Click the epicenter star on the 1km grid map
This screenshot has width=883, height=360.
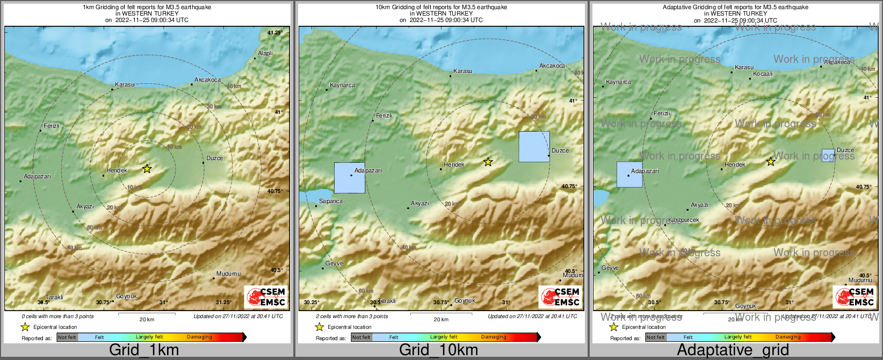tap(147, 169)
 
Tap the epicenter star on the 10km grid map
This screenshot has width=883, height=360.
tap(488, 162)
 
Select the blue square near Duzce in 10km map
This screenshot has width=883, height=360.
tap(534, 147)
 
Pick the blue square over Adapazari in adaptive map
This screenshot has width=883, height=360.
tap(629, 175)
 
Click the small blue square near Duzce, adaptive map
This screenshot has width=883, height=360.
tap(828, 155)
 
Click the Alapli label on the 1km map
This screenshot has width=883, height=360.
tap(265, 53)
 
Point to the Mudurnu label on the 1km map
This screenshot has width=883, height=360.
tap(228, 274)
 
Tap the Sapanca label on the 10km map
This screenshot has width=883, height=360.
tap(331, 201)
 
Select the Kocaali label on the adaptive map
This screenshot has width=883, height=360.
tap(763, 74)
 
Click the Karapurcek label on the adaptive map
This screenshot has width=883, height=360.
tap(684, 220)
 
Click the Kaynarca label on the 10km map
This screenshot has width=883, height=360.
tap(342, 85)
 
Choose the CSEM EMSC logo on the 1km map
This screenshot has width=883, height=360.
tap(265, 297)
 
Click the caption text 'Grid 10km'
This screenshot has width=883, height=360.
tap(438, 350)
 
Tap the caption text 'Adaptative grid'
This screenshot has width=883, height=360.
tap(733, 350)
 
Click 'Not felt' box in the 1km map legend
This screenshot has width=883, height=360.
tap(67, 337)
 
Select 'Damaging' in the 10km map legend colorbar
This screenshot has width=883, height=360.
tap(494, 337)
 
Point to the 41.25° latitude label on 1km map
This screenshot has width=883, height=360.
tap(275, 33)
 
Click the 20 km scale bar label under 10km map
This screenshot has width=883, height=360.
tap(441, 320)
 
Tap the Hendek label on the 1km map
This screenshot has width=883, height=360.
tap(117, 171)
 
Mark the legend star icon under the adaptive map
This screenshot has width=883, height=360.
tap(613, 327)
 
